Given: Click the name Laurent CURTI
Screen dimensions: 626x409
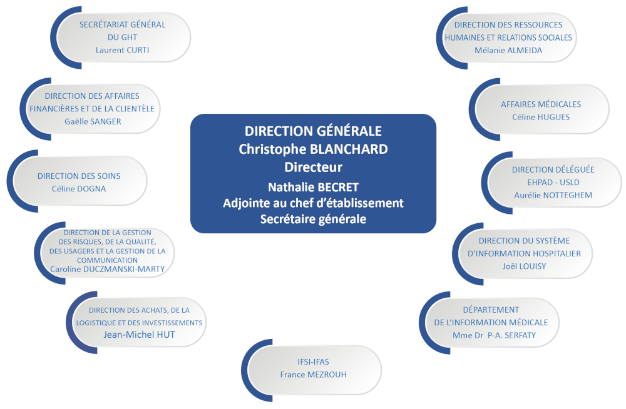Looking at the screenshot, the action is (x=122, y=50).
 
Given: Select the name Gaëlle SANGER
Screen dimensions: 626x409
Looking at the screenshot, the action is (x=93, y=122).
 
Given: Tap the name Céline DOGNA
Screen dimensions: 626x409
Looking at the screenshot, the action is (x=79, y=189).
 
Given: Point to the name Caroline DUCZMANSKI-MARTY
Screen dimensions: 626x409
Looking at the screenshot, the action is (x=108, y=270).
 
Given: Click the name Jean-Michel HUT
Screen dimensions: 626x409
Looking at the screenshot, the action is (x=140, y=335).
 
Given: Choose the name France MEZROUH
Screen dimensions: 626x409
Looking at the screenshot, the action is (x=313, y=375).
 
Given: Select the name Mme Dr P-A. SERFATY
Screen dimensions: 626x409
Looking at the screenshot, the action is (x=495, y=336).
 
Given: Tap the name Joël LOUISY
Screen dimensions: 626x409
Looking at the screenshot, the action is (x=524, y=266).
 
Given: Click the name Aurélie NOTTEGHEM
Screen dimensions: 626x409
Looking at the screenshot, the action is (x=553, y=195).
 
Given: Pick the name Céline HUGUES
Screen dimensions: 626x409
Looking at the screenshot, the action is (x=541, y=118).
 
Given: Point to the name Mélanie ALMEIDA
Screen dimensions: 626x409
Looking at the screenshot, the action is (x=508, y=51).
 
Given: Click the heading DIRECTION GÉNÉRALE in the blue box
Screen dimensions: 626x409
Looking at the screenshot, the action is (x=313, y=131).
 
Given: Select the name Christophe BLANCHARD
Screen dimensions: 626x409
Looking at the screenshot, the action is (x=313, y=149).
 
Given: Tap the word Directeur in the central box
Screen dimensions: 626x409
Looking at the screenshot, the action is (x=313, y=167).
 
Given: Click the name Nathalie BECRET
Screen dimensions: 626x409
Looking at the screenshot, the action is (x=313, y=187).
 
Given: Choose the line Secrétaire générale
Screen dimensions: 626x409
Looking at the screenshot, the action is (x=313, y=219).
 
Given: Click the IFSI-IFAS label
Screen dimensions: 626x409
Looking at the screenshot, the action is (x=313, y=362).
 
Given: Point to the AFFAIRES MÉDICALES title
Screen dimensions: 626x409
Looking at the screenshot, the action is (x=541, y=104).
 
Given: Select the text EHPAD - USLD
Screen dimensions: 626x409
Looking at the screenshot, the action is (x=553, y=183).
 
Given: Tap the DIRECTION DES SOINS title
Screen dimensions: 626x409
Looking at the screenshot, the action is (x=79, y=176).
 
